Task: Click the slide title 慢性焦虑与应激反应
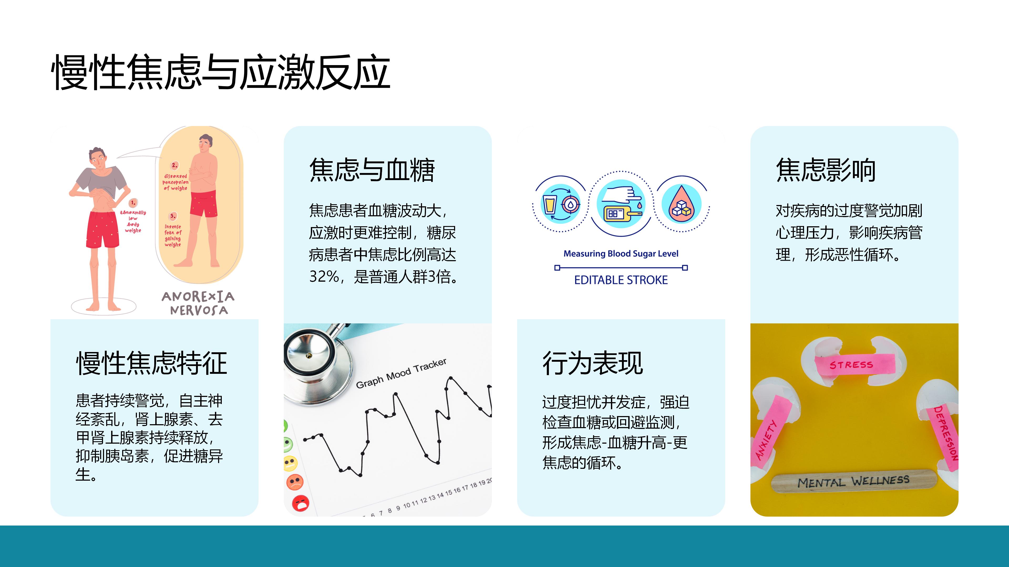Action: (221, 72)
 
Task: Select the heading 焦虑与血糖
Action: (372, 170)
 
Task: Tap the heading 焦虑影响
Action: (826, 170)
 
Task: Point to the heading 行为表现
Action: (593, 363)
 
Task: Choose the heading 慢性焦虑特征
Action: (152, 363)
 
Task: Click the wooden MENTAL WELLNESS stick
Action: (854, 481)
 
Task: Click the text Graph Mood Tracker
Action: (401, 373)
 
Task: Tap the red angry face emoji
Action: (301, 503)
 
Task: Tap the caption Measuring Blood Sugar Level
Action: (621, 254)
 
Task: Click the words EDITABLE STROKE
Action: (621, 280)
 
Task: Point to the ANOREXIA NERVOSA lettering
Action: (198, 303)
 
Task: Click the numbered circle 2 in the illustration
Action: (175, 165)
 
